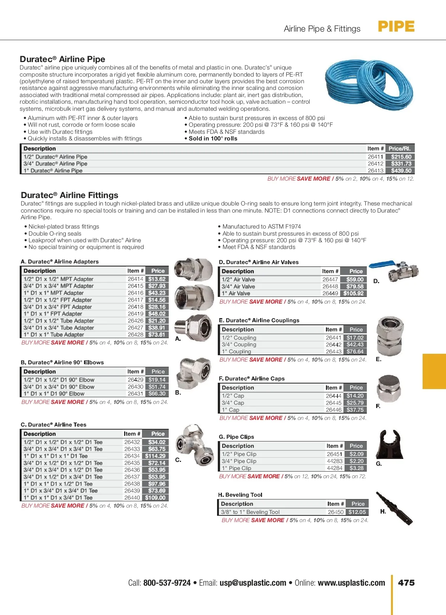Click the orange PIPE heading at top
[396, 27]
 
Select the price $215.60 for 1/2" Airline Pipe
[401, 157]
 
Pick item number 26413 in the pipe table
[375, 171]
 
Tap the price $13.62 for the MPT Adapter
[157, 279]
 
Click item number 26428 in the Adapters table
[135, 334]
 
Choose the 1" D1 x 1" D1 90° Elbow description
[54, 394]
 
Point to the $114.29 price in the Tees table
[155, 456]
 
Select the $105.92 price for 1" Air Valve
[353, 293]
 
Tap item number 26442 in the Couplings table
[333, 344]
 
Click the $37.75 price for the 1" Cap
[355, 410]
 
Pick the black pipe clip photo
[389, 444]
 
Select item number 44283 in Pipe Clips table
[334, 461]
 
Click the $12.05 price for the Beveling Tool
[357, 512]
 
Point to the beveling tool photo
[394, 508]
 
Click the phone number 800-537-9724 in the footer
[167, 583]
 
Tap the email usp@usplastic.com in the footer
[253, 583]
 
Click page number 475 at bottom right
[406, 583]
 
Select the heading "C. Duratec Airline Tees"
[54, 425]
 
